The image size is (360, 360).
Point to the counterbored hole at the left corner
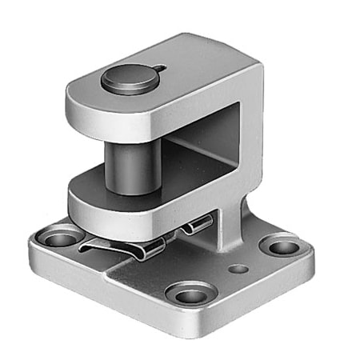pos(58,238)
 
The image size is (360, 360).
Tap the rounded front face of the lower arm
pos(112,212)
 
